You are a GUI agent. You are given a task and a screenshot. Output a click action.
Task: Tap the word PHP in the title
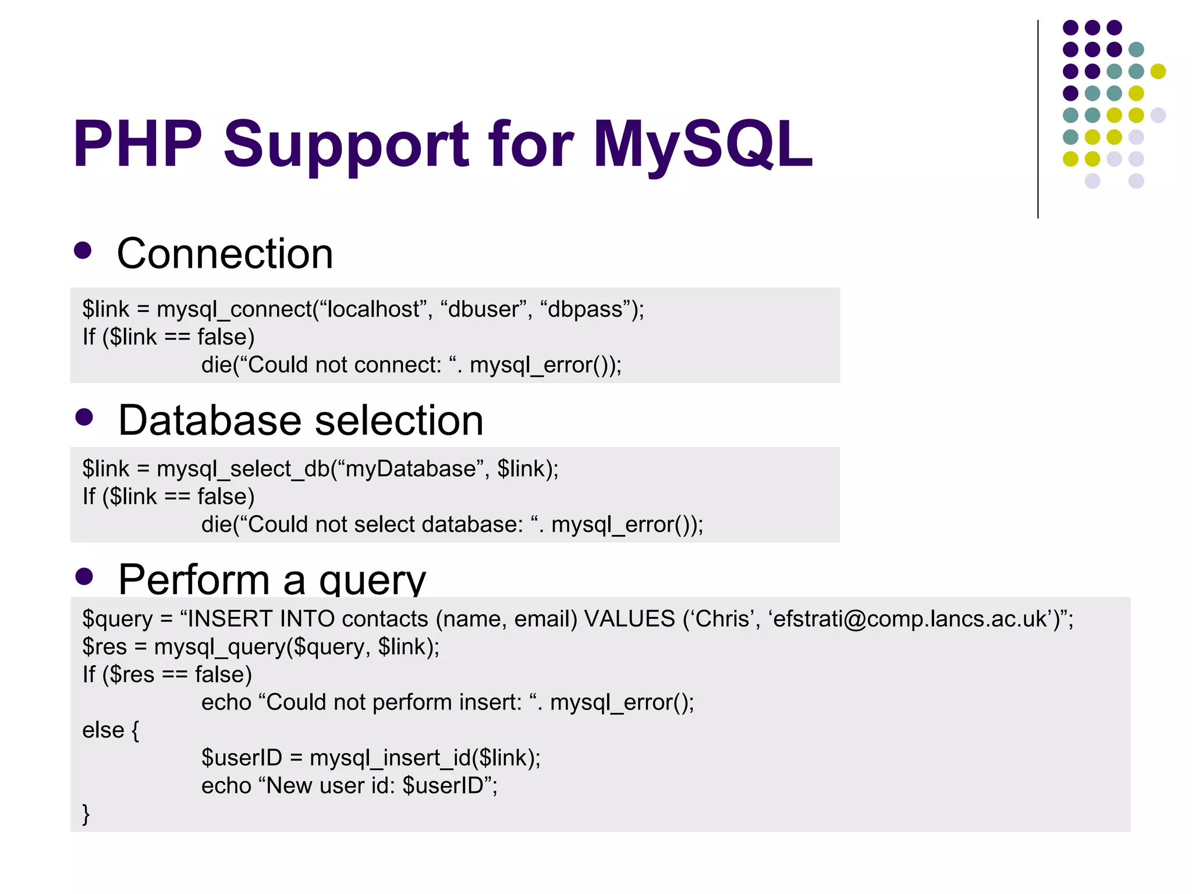click(137, 144)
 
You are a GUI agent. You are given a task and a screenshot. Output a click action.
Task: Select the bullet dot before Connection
click(83, 250)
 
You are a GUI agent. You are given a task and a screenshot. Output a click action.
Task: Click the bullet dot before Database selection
click(84, 417)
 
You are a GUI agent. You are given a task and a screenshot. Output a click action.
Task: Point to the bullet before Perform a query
click(84, 576)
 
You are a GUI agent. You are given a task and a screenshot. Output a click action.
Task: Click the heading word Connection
click(225, 254)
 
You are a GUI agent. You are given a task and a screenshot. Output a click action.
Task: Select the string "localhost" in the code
click(374, 309)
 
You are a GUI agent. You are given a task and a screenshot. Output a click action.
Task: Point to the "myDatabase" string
click(410, 469)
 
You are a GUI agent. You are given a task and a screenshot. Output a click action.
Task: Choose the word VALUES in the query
click(630, 619)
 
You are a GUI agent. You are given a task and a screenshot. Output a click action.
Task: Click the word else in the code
click(104, 730)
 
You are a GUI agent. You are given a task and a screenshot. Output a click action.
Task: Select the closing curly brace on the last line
click(86, 814)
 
